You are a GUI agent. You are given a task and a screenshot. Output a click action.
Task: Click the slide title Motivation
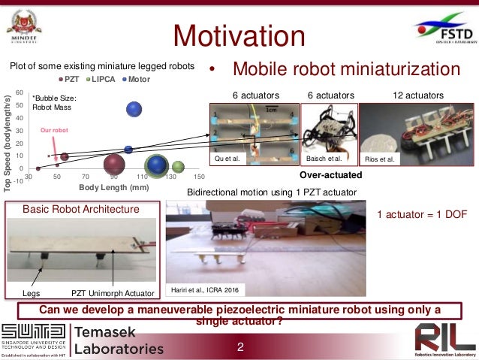(x=239, y=35)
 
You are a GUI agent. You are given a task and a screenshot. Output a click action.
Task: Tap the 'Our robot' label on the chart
(x=53, y=129)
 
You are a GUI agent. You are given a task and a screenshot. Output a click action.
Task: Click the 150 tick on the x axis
(x=200, y=176)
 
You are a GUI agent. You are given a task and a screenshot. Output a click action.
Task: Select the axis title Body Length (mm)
(x=110, y=186)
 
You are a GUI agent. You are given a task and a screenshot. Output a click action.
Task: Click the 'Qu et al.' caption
(x=227, y=159)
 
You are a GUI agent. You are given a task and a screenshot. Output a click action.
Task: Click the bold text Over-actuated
(x=331, y=174)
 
